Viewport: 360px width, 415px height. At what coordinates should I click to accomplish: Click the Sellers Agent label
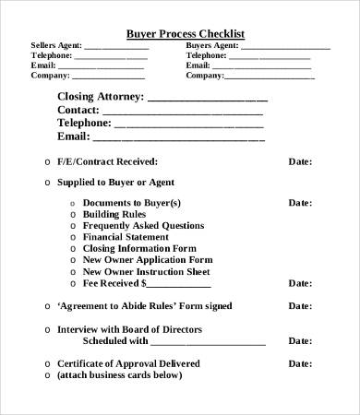pos(56,45)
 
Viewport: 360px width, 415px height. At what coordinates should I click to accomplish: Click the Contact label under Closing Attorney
pos(78,109)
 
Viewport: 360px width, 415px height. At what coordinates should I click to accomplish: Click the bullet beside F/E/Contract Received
pos(47,161)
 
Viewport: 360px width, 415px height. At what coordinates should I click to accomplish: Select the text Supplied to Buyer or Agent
pos(115,183)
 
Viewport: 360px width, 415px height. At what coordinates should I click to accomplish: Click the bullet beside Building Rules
pos(73,214)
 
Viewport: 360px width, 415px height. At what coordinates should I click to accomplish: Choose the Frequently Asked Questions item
pos(143,225)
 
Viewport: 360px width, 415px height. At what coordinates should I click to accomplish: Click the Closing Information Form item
pos(139,248)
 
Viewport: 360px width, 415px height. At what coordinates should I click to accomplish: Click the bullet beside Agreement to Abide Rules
pos(47,306)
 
